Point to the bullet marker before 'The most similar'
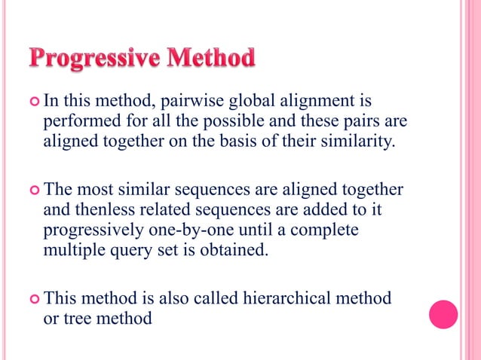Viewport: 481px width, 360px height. [x=34, y=189]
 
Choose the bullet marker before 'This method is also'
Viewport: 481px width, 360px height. [x=34, y=299]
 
